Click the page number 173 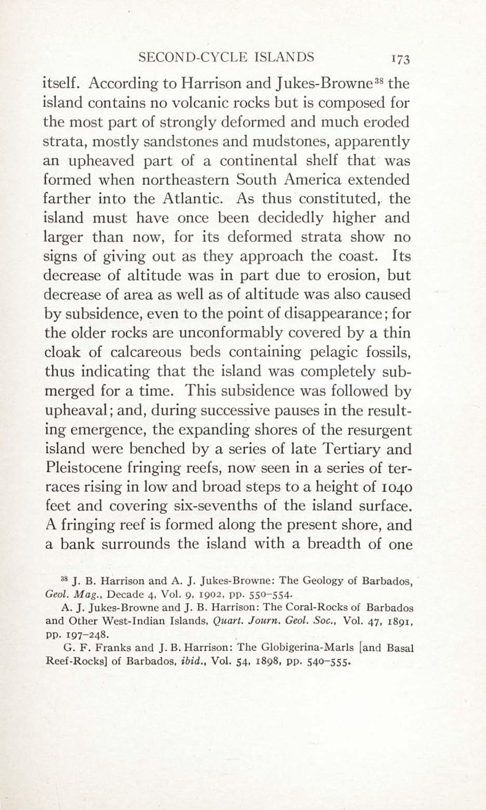coord(400,60)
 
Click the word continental coord(258,161)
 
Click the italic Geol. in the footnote coord(54,595)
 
